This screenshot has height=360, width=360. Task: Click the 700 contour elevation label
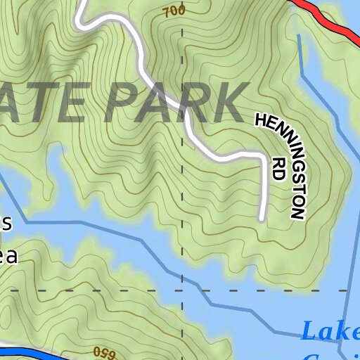point(173,11)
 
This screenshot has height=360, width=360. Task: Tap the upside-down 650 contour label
point(103,351)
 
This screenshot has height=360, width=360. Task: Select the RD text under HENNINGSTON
point(277,169)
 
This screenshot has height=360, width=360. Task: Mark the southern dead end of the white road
point(261,218)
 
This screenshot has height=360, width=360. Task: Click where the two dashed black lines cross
point(182,290)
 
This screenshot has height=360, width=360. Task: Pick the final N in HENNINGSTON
point(298,211)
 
